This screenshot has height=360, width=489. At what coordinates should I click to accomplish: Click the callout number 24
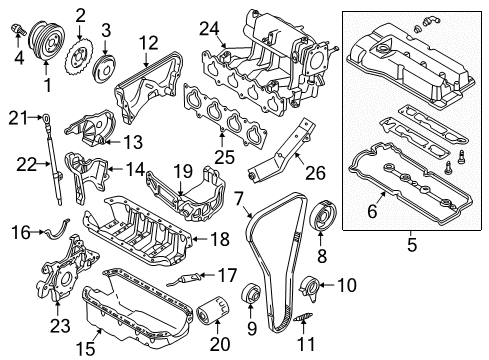[x=209, y=29]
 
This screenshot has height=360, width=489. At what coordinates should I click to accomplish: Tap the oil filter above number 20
[x=212, y=310]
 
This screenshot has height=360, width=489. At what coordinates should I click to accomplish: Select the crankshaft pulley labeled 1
[x=47, y=42]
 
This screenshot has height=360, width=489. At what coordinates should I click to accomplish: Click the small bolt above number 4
[x=18, y=29]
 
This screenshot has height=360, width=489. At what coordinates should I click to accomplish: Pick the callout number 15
[x=85, y=349]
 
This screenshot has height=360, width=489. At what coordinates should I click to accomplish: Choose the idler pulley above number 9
[x=251, y=293]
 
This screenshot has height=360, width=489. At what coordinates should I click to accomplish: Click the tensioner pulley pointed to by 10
[x=309, y=288]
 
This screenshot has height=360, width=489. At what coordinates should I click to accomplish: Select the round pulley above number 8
[x=323, y=215]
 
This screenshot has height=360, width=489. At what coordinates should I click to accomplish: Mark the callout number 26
[x=315, y=173]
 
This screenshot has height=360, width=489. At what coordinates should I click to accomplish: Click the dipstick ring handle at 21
[x=45, y=117]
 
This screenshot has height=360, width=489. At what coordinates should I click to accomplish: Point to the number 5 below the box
[x=412, y=245]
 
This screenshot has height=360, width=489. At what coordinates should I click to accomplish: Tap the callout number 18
[x=220, y=239]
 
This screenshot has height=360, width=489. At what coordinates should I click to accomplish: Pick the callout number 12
[x=148, y=43]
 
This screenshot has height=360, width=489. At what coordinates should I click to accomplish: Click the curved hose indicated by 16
[x=57, y=229]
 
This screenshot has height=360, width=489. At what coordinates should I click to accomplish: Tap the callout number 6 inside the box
[x=372, y=211]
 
